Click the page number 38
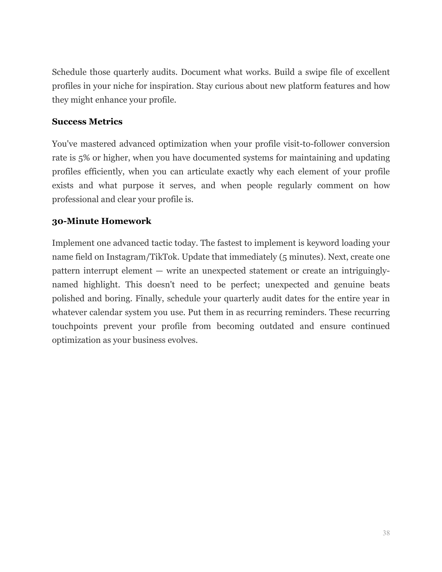(386, 533)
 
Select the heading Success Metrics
(87, 122)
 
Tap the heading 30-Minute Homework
(102, 221)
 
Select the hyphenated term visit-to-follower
(313, 144)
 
